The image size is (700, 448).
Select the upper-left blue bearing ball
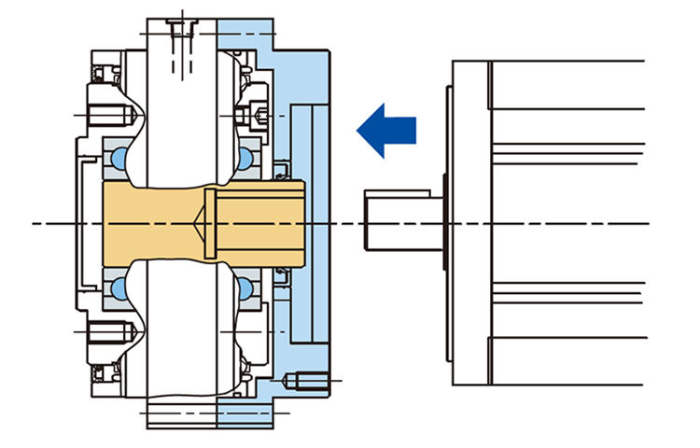[x=119, y=159]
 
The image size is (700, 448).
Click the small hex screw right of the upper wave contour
[x=258, y=115]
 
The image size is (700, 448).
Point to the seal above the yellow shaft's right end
[x=281, y=174]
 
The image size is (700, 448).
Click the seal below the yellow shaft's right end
[x=281, y=273]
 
